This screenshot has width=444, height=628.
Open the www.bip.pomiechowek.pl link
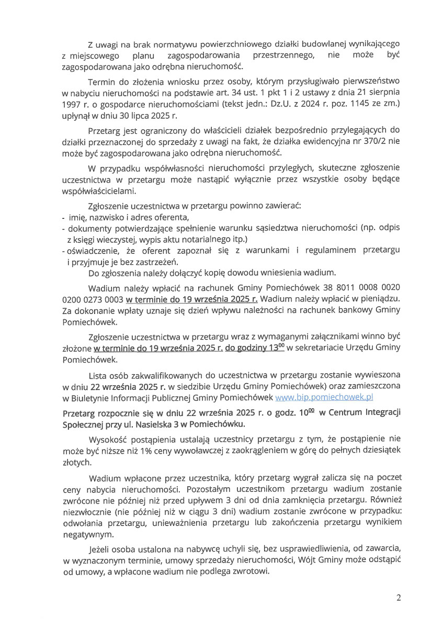[327, 397]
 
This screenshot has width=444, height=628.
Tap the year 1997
[71, 104]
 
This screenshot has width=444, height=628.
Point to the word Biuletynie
[88, 397]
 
